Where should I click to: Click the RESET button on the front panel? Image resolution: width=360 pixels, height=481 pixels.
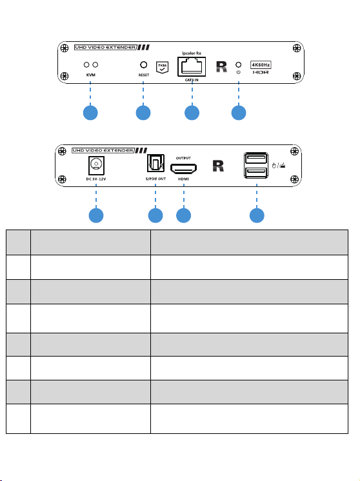click(x=143, y=64)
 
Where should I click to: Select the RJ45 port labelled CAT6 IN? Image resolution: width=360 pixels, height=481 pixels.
click(x=192, y=66)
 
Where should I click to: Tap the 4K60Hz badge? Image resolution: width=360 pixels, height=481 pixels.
click(x=261, y=64)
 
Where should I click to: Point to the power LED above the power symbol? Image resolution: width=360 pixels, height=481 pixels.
click(x=239, y=64)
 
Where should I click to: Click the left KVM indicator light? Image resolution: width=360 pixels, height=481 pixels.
click(x=86, y=64)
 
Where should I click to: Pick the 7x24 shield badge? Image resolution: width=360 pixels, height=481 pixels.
click(x=162, y=67)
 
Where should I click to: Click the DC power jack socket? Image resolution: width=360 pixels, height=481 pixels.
click(x=96, y=166)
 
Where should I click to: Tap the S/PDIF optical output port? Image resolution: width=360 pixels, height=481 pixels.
click(x=155, y=163)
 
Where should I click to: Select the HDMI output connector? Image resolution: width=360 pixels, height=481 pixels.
click(x=183, y=168)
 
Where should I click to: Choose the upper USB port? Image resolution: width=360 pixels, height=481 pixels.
click(x=256, y=158)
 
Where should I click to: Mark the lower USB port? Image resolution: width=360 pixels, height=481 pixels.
click(x=256, y=173)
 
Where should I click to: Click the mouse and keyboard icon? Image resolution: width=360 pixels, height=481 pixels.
click(x=279, y=166)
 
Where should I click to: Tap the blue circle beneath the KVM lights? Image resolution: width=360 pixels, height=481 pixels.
click(x=90, y=113)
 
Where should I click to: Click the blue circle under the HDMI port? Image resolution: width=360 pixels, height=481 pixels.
click(x=183, y=215)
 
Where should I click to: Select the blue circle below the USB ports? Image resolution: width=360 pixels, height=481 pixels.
click(x=257, y=215)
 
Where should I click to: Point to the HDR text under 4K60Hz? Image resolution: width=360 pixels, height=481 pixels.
click(x=261, y=72)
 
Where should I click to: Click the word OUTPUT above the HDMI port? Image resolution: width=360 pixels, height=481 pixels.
click(x=183, y=158)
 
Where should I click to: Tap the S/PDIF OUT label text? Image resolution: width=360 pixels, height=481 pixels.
click(x=155, y=179)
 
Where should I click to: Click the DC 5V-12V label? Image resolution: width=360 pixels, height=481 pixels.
click(x=96, y=179)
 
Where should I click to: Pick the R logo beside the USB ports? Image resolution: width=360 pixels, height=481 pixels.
click(x=218, y=166)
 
